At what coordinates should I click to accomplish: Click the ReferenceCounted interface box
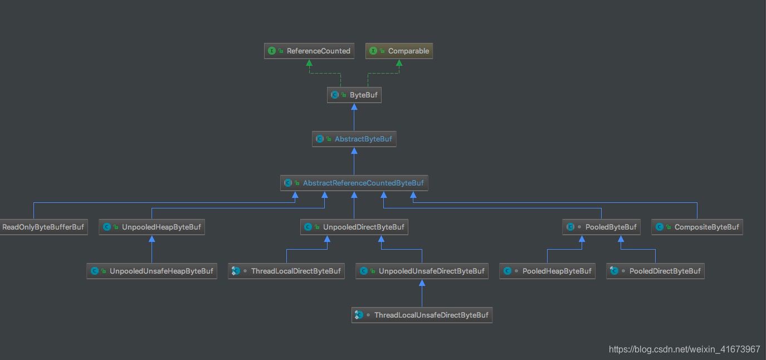coord(309,51)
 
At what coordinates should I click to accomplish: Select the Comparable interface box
coord(399,51)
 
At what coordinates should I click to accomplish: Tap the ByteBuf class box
coord(354,95)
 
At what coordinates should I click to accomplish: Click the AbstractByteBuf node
coord(354,139)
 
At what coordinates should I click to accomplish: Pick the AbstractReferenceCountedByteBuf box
coord(354,183)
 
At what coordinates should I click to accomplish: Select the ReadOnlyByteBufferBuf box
coord(44,227)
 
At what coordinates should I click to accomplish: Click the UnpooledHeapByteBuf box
coord(152,227)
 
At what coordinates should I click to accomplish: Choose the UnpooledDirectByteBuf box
coord(354,227)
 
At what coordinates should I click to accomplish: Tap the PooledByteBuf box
coord(602,227)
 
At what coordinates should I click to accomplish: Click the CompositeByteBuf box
coord(697,227)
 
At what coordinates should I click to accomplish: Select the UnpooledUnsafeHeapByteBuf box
coord(152,271)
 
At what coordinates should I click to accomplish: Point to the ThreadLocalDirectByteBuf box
coord(286,271)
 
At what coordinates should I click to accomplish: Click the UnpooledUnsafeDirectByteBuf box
coord(422,271)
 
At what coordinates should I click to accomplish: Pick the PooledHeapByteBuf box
coord(548,271)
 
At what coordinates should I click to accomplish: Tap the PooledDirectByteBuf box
coord(656,271)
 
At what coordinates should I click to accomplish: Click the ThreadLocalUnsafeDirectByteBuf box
coord(422,315)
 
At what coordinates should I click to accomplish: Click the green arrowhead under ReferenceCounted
coord(309,63)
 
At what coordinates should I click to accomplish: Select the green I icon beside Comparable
coord(373,51)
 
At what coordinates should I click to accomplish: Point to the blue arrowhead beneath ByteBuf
coord(354,107)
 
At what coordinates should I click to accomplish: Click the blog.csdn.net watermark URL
coord(684,349)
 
